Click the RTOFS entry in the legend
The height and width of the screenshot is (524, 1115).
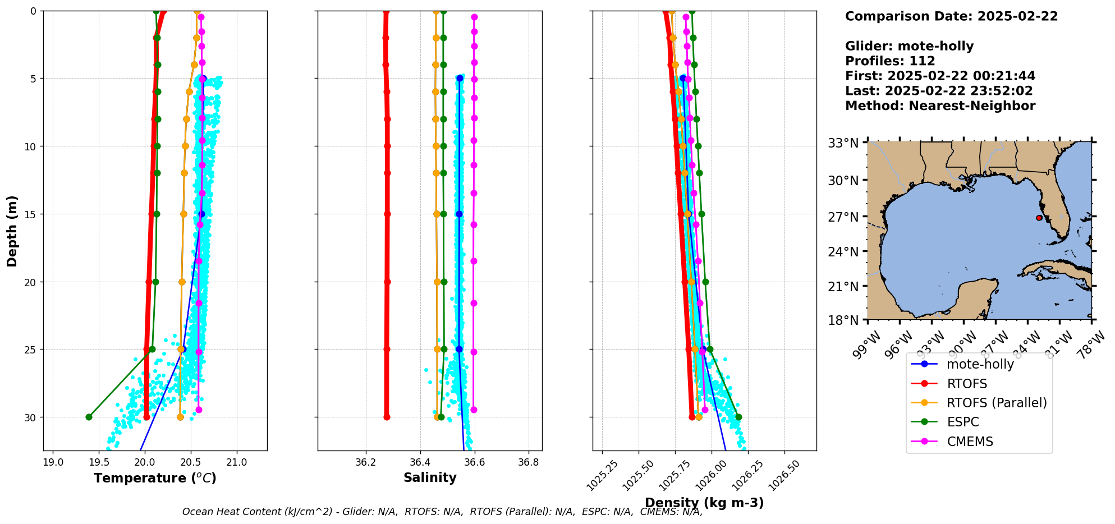[x=967, y=384]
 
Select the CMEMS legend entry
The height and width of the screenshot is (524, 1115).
[x=970, y=442]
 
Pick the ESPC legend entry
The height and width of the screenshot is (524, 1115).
[x=962, y=422]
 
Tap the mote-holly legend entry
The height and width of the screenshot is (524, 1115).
[x=980, y=364]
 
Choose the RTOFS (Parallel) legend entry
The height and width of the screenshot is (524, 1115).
[x=996, y=403]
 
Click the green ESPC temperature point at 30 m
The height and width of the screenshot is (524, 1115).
[x=89, y=417]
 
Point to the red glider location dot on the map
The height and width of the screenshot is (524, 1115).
[x=1039, y=218]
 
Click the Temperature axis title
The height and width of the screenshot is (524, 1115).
[x=155, y=478]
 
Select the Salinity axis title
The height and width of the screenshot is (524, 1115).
[x=430, y=477]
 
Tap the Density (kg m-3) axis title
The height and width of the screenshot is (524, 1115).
[x=704, y=503]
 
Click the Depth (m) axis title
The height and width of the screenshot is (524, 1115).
[x=12, y=231]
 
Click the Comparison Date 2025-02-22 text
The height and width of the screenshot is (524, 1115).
[x=951, y=16]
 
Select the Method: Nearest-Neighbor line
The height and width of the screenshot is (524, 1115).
[x=940, y=106]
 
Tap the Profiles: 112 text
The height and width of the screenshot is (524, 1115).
[x=890, y=61]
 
